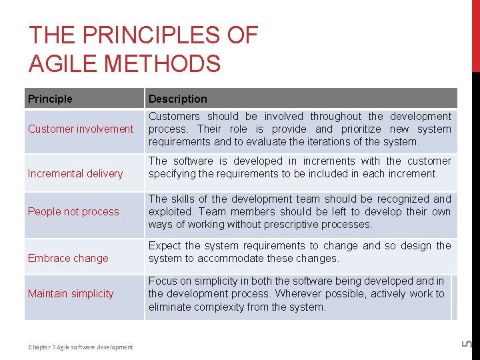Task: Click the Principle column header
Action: point(50,99)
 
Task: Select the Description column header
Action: point(177,99)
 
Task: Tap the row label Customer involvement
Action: point(81,129)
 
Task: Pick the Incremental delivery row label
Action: point(75,173)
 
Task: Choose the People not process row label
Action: point(73,211)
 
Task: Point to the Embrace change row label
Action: point(68,258)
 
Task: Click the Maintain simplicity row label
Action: point(71,293)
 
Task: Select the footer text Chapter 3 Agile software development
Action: point(80,347)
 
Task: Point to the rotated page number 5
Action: point(467,344)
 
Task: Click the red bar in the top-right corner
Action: point(475,33)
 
